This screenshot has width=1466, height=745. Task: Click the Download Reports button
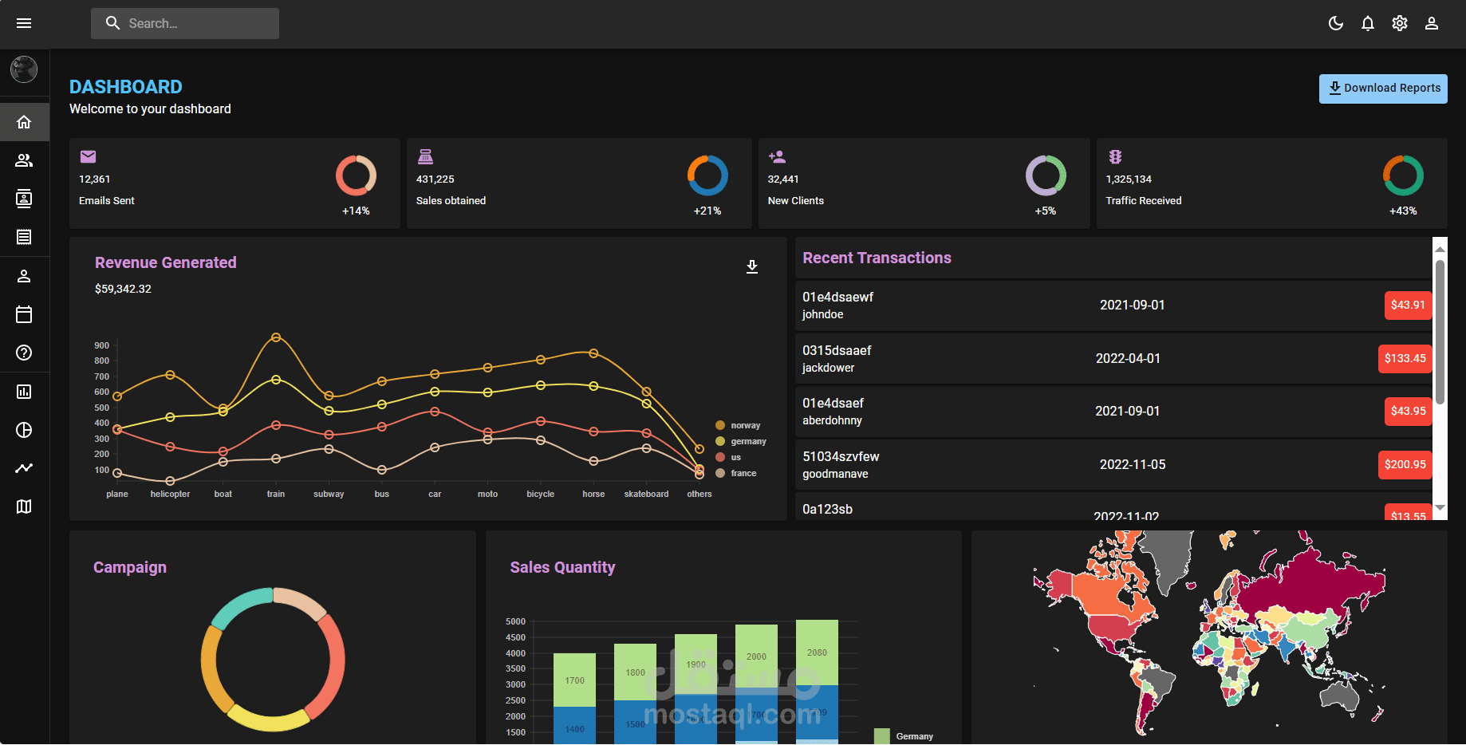point(1383,89)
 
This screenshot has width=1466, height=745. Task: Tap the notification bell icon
point(1368,24)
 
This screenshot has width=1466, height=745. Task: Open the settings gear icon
point(1400,24)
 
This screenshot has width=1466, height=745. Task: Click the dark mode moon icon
point(1336,24)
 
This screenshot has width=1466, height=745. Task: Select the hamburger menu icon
point(24,24)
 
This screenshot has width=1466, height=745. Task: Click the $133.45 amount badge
point(1405,358)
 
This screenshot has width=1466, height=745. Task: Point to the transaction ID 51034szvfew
point(841,456)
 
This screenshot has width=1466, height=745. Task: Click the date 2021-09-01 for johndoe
point(1132,305)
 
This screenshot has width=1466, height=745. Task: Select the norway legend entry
point(744,426)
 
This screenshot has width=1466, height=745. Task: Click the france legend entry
point(743,474)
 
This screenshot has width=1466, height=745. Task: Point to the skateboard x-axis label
point(646,495)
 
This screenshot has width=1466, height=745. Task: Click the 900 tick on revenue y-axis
point(102,346)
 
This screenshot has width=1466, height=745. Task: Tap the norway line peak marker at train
point(276,337)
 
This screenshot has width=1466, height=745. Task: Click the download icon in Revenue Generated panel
point(751,266)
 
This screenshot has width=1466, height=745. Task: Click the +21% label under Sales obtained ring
point(707,211)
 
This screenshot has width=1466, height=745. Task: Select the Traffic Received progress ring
point(1402,175)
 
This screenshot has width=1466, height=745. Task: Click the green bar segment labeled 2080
point(817,652)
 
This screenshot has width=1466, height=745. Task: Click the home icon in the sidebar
point(24,122)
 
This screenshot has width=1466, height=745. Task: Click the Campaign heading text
point(130,568)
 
